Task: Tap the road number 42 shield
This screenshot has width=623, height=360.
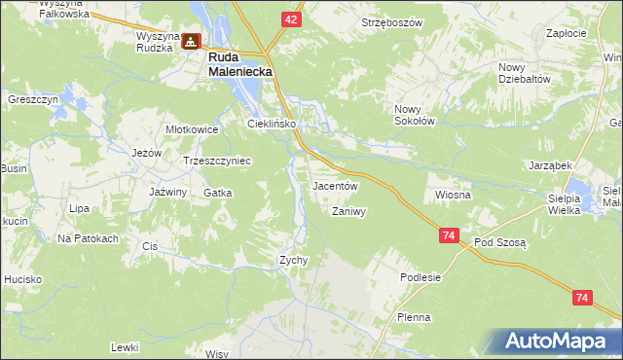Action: pos(293,18)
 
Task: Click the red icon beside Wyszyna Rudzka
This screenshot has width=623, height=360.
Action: pos(192,42)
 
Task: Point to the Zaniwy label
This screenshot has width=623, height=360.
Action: pos(348,211)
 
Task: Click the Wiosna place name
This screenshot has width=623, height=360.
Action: pos(454,195)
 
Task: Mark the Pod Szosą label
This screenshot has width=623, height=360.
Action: pos(499,241)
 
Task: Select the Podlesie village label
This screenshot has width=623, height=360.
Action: pos(421,277)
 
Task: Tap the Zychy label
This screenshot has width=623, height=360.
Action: pos(294,260)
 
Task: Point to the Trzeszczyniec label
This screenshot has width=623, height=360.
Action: pos(217,161)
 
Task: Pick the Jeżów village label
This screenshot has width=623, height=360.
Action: pos(145,153)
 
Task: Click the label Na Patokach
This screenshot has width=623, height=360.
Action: pos(88,238)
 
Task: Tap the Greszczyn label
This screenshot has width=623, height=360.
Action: pos(34,99)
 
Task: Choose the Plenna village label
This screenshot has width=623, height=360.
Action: pos(414,317)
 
